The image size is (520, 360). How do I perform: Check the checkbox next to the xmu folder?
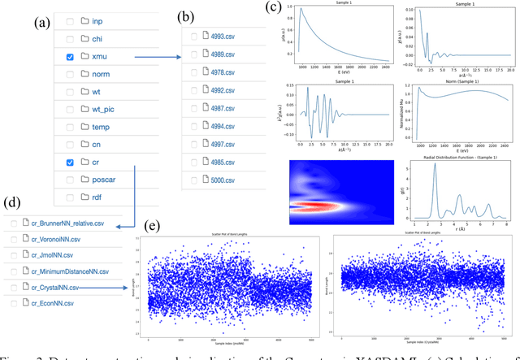(x=70, y=57)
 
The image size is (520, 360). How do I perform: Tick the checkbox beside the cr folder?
(x=70, y=162)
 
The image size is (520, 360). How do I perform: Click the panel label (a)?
(x=43, y=23)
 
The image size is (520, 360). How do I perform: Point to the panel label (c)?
(x=275, y=10)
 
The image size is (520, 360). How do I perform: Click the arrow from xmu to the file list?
(x=154, y=57)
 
